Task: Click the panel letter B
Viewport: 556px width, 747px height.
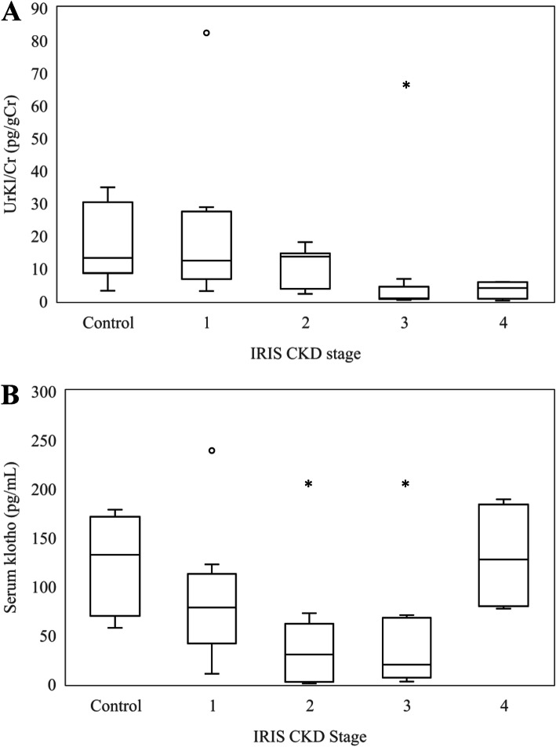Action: click(10, 393)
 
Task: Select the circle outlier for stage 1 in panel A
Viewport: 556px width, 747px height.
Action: click(207, 33)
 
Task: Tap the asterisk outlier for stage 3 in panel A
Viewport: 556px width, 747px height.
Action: click(406, 85)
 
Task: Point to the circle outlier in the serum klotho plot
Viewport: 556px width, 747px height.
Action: click(212, 450)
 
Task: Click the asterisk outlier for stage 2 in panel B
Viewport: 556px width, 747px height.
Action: click(309, 484)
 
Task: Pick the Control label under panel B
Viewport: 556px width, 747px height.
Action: click(115, 705)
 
